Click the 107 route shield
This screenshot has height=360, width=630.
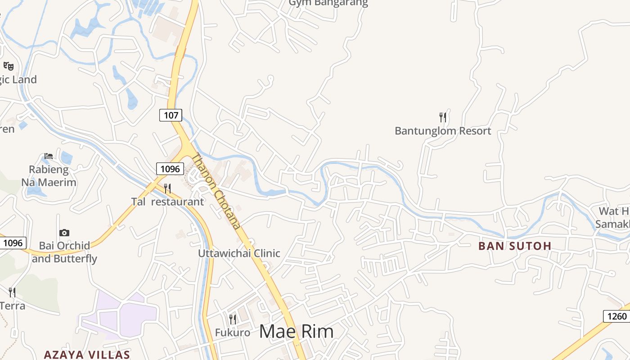pos(171,115)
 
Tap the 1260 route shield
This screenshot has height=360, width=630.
pos(616,316)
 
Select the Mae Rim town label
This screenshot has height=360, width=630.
pos(297,332)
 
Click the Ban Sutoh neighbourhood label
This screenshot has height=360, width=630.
pos(515,246)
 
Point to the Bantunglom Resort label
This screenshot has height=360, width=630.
pos(443,131)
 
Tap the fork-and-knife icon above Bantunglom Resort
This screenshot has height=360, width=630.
pos(443,117)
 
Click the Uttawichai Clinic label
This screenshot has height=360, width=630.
pos(239,253)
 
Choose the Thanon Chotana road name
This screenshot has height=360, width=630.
pos(216,191)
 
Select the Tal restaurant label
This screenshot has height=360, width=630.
pos(167,202)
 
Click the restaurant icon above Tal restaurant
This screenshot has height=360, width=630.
pos(167,188)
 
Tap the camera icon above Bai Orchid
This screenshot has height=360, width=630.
pos(64,233)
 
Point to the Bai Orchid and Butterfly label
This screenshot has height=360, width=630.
pos(64,252)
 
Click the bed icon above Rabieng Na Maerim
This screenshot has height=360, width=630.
pos(49,156)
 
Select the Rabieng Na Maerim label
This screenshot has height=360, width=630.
pos(49,176)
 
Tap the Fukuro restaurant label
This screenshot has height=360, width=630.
pos(232,333)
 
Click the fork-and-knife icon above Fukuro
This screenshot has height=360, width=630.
pos(233,319)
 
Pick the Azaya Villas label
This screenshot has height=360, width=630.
pos(87,354)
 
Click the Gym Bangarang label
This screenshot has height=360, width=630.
pos(328,3)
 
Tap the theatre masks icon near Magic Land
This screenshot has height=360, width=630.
pos(8,66)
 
